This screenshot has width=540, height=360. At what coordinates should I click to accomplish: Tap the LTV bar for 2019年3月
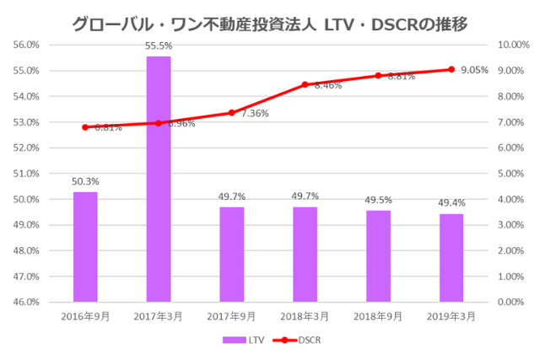click(x=451, y=257)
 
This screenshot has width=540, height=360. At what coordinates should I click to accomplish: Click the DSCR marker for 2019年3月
click(x=451, y=69)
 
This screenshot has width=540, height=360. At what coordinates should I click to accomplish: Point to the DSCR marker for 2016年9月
click(x=85, y=127)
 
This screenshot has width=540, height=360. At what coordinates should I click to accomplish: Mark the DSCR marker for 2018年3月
click(x=305, y=84)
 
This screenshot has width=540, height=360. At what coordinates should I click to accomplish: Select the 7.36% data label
click(x=255, y=113)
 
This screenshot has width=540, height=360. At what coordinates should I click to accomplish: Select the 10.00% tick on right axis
click(x=514, y=45)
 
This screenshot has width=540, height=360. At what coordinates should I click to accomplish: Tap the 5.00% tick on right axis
click(x=514, y=174)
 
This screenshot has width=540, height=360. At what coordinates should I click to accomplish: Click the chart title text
click(x=270, y=19)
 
